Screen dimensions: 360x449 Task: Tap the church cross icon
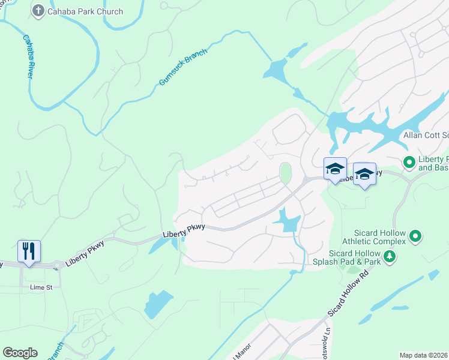click(x=38, y=11)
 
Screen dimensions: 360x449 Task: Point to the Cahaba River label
click(x=28, y=56)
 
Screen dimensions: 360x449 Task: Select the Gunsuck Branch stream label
click(x=183, y=67)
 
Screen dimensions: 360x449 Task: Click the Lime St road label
click(x=41, y=287)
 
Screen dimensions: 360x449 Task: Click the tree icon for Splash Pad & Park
click(x=390, y=257)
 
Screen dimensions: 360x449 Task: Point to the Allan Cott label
click(x=426, y=136)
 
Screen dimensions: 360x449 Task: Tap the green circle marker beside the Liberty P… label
click(x=409, y=162)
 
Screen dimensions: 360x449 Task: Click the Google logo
click(x=20, y=353)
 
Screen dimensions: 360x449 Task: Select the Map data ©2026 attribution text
click(x=423, y=355)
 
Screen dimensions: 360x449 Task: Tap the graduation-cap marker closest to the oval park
click(x=335, y=169)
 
